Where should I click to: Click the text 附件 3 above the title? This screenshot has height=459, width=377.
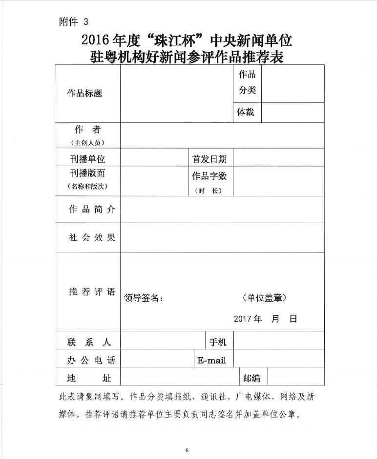[74, 21]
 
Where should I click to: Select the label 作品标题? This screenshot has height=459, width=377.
[85, 94]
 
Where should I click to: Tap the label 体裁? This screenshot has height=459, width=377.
[246, 112]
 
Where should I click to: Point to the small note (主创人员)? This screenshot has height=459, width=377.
[88, 143]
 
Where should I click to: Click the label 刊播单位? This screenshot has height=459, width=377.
[87, 159]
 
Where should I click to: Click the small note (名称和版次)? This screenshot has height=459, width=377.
[87, 186]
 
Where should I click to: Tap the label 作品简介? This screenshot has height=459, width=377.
[92, 209]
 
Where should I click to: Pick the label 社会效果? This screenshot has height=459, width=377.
[92, 237]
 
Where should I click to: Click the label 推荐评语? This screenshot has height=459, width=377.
[92, 292]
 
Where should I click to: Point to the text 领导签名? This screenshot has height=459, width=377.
[144, 298]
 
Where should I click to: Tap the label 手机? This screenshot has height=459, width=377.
[218, 342]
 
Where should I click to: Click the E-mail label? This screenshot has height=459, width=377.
[211, 361]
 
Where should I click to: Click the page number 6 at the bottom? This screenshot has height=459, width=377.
[187, 450]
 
